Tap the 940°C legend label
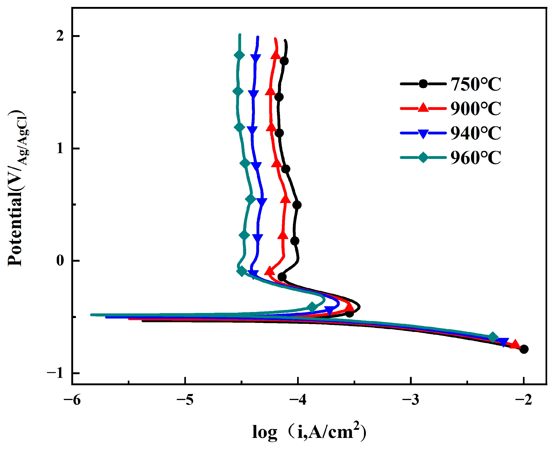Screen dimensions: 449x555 point(476,133)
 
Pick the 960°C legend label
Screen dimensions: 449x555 point(476,158)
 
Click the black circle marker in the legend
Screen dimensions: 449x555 point(423,84)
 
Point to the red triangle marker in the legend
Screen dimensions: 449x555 point(423,108)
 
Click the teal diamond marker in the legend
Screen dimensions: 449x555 point(423,158)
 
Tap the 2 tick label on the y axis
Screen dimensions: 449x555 point(60,36)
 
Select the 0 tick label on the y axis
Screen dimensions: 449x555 point(60,261)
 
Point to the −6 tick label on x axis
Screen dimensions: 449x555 point(73,400)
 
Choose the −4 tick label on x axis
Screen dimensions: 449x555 point(298,400)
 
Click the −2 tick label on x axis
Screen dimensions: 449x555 point(523,400)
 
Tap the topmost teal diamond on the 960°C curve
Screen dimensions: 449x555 point(239,55)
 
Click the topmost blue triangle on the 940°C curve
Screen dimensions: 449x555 point(256,58)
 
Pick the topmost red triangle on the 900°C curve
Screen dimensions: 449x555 point(276,55)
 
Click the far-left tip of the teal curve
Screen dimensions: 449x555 point(91,315)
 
